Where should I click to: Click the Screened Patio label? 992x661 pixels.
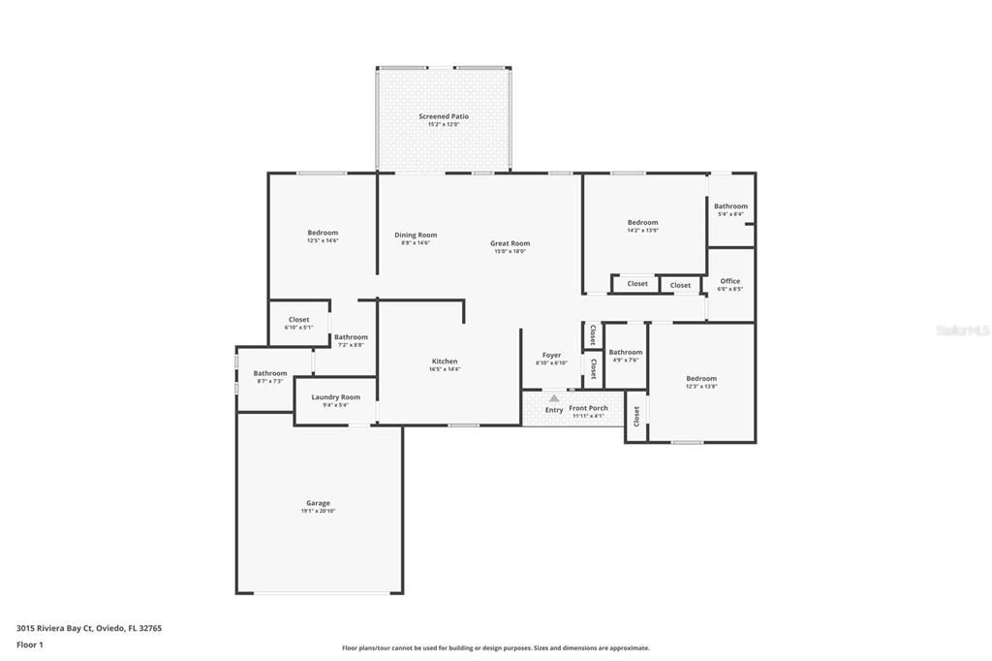coord(444,116)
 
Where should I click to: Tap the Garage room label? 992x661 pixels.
coord(318,503)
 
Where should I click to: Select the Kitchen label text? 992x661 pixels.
coord(444,362)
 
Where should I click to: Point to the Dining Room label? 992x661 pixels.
coord(416,235)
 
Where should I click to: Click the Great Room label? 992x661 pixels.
coord(510,243)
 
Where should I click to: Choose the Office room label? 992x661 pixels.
coord(729,281)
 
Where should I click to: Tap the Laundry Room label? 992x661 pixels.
coord(335,397)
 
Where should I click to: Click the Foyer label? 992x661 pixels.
coord(551,356)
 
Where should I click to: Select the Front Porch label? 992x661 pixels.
coord(588,409)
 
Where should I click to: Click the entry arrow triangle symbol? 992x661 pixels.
coord(553,397)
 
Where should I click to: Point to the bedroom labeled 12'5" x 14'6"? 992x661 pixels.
coord(323,233)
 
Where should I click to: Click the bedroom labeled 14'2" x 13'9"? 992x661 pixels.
coord(642,223)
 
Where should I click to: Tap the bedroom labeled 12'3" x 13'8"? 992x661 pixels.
coord(701,379)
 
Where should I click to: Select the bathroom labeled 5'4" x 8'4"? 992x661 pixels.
coord(730,206)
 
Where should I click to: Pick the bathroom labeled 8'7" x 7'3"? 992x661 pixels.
coord(270,373)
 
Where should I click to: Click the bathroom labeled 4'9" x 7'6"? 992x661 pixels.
coord(625,353)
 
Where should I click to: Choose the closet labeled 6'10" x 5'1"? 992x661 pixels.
coord(298,320)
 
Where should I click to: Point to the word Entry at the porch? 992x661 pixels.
coord(553,410)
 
